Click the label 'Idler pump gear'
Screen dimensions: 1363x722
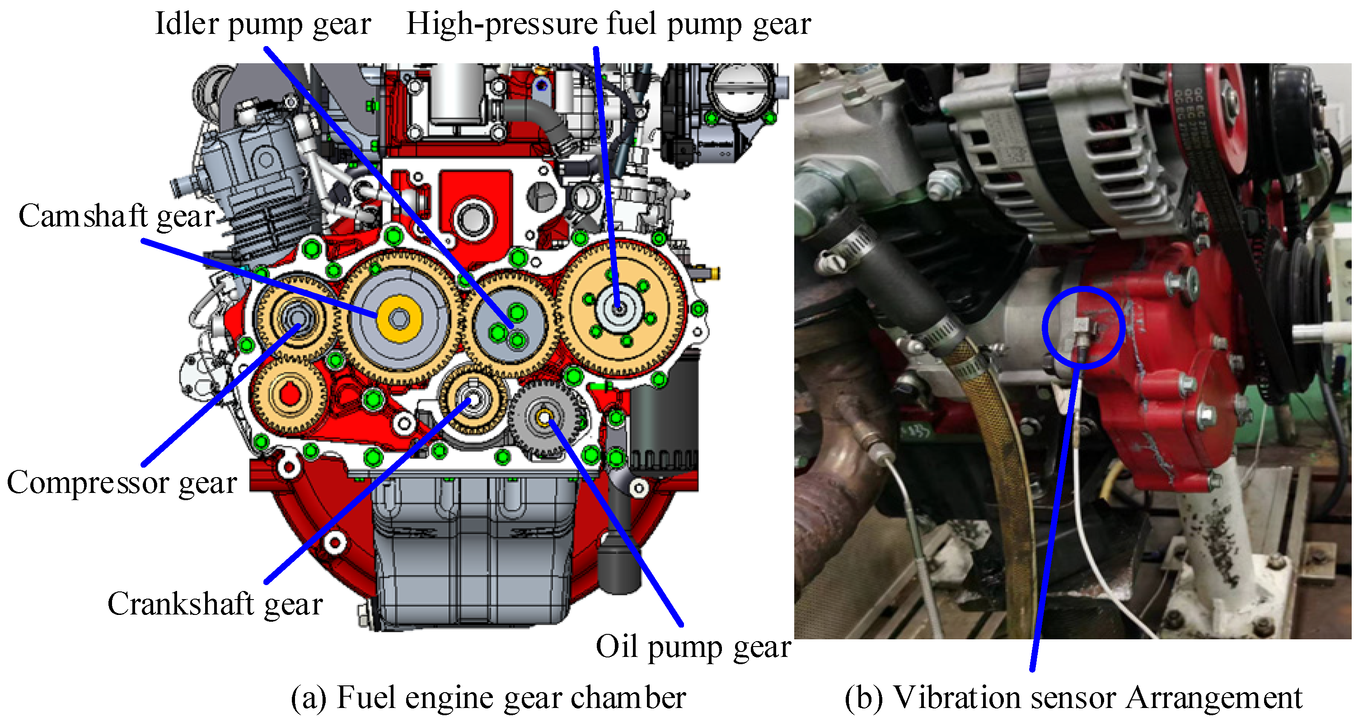(263, 24)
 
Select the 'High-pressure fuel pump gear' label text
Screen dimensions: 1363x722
(609, 24)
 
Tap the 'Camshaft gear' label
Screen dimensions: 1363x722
(117, 216)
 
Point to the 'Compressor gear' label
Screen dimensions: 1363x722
(122, 483)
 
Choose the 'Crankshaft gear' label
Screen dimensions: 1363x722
(215, 604)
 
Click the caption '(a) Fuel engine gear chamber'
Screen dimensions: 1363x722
(488, 697)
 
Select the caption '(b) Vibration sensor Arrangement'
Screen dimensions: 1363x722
(1073, 697)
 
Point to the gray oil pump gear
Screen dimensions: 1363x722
(545, 419)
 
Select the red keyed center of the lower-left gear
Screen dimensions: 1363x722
(290, 394)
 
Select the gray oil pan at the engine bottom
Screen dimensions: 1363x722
(473, 550)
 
